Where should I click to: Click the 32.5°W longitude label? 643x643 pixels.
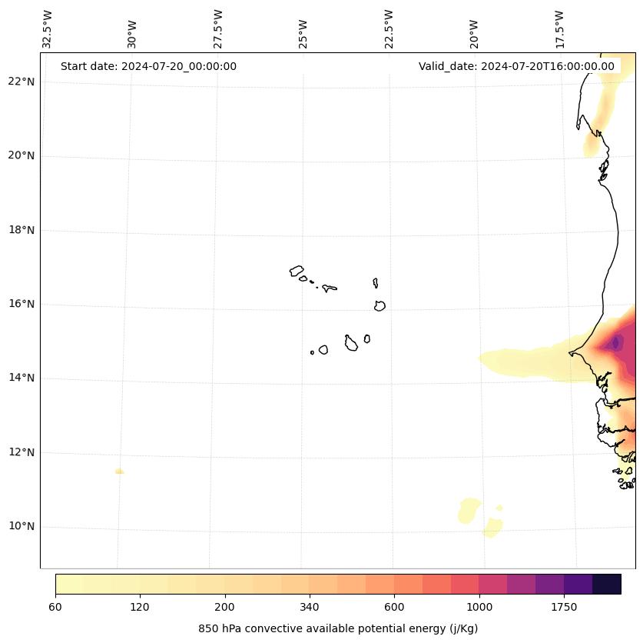pyautogui.click(x=48, y=28)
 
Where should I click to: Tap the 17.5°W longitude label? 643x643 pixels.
pyautogui.click(x=559, y=28)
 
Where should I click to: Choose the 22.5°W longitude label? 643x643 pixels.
pyautogui.click(x=389, y=28)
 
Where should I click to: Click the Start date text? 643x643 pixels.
pyautogui.click(x=148, y=66)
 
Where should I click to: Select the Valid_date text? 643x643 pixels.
pyautogui.click(x=516, y=66)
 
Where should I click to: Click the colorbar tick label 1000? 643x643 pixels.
pyautogui.click(x=479, y=608)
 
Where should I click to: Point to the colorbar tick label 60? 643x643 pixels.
pyautogui.click(x=55, y=608)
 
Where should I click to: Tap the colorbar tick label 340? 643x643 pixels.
pyautogui.click(x=310, y=608)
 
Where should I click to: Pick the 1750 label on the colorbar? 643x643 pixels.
pyautogui.click(x=564, y=608)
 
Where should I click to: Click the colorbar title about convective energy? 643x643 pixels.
pyautogui.click(x=338, y=628)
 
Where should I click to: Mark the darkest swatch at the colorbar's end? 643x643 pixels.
pyautogui.click(x=607, y=584)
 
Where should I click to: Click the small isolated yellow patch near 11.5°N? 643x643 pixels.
pyautogui.click(x=119, y=471)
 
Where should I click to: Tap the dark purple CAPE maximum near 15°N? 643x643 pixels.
pyautogui.click(x=615, y=343)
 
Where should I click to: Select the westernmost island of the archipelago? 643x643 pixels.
pyautogui.click(x=297, y=271)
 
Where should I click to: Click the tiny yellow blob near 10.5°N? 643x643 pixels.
pyautogui.click(x=499, y=508)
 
